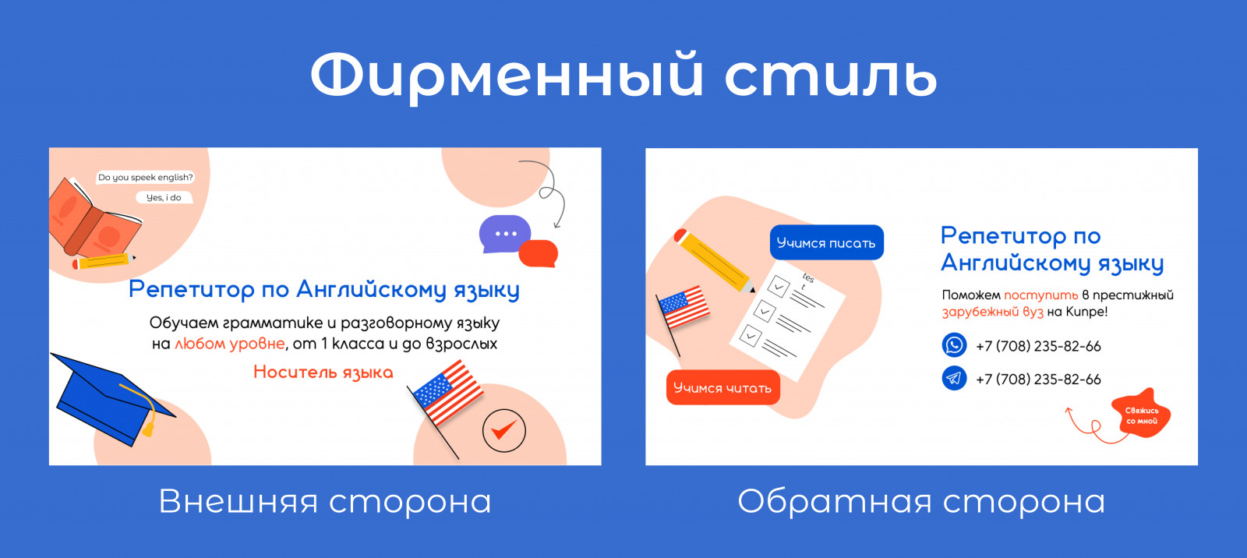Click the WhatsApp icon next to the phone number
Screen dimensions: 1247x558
(x=954, y=344)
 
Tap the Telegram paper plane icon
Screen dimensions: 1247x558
(x=954, y=378)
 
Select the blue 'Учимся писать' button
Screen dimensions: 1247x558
(x=827, y=242)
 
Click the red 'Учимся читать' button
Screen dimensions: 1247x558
(x=722, y=387)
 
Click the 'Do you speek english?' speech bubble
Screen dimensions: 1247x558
(x=145, y=177)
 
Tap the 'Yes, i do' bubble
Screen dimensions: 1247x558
(x=164, y=198)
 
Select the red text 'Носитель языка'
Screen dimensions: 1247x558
(x=323, y=372)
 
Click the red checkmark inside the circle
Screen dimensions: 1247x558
(x=503, y=429)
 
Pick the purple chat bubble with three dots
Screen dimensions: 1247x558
(x=504, y=234)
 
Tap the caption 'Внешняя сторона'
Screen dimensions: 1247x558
(x=325, y=501)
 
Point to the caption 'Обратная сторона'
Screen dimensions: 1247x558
(x=921, y=501)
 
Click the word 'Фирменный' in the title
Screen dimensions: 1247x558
(x=507, y=76)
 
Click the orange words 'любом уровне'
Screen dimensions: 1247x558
(x=229, y=344)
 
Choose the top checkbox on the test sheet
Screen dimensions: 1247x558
(x=779, y=286)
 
